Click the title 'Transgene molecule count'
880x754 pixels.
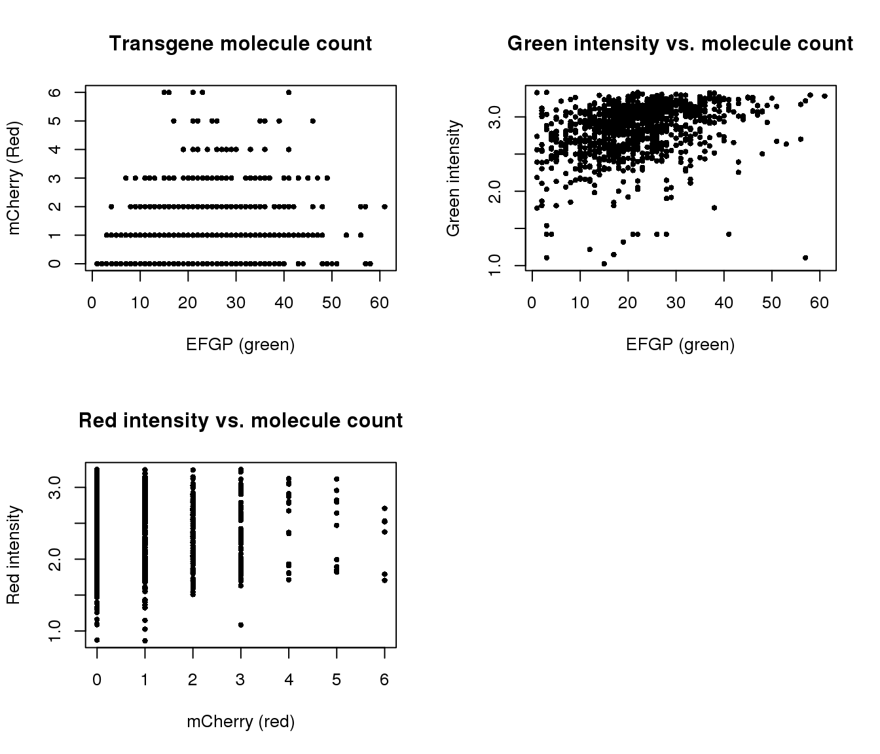click(x=240, y=44)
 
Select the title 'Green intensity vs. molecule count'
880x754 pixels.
click(x=680, y=44)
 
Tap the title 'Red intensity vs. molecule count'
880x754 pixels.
click(x=240, y=420)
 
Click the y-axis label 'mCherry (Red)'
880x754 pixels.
click(x=14, y=177)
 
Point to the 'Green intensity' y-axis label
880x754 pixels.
click(x=453, y=178)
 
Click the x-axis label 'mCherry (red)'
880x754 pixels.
click(x=240, y=721)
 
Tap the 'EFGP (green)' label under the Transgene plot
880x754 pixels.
click(x=240, y=344)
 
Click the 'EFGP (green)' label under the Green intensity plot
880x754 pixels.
click(x=680, y=344)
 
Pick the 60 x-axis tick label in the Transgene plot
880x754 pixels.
click(x=379, y=302)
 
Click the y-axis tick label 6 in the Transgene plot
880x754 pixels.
click(x=57, y=92)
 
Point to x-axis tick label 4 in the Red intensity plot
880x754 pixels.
click(x=288, y=680)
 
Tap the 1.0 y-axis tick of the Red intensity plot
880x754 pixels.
click(x=57, y=630)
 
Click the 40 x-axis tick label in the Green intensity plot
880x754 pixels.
click(x=724, y=302)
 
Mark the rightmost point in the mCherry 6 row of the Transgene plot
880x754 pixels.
click(x=289, y=92)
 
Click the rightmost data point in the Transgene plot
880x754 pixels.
click(x=384, y=207)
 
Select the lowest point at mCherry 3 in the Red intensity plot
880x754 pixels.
click(x=241, y=625)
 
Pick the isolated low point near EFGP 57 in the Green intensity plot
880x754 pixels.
click(x=805, y=258)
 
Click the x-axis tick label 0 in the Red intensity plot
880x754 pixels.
click(x=97, y=680)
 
